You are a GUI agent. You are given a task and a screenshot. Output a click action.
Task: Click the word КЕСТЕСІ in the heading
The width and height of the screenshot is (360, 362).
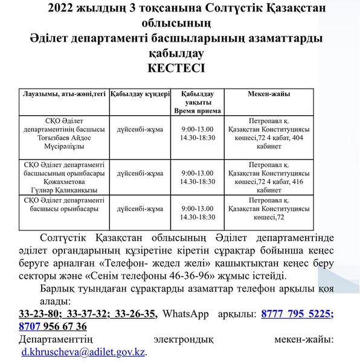176,68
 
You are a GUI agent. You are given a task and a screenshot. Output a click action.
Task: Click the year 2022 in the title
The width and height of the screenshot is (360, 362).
60,8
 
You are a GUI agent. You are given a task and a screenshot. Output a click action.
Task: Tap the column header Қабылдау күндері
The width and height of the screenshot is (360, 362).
140,95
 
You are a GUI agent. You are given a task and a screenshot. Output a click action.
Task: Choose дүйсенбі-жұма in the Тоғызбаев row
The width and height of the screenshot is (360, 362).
140,129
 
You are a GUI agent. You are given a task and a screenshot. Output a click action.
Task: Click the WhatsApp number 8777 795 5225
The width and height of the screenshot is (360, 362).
298,314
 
